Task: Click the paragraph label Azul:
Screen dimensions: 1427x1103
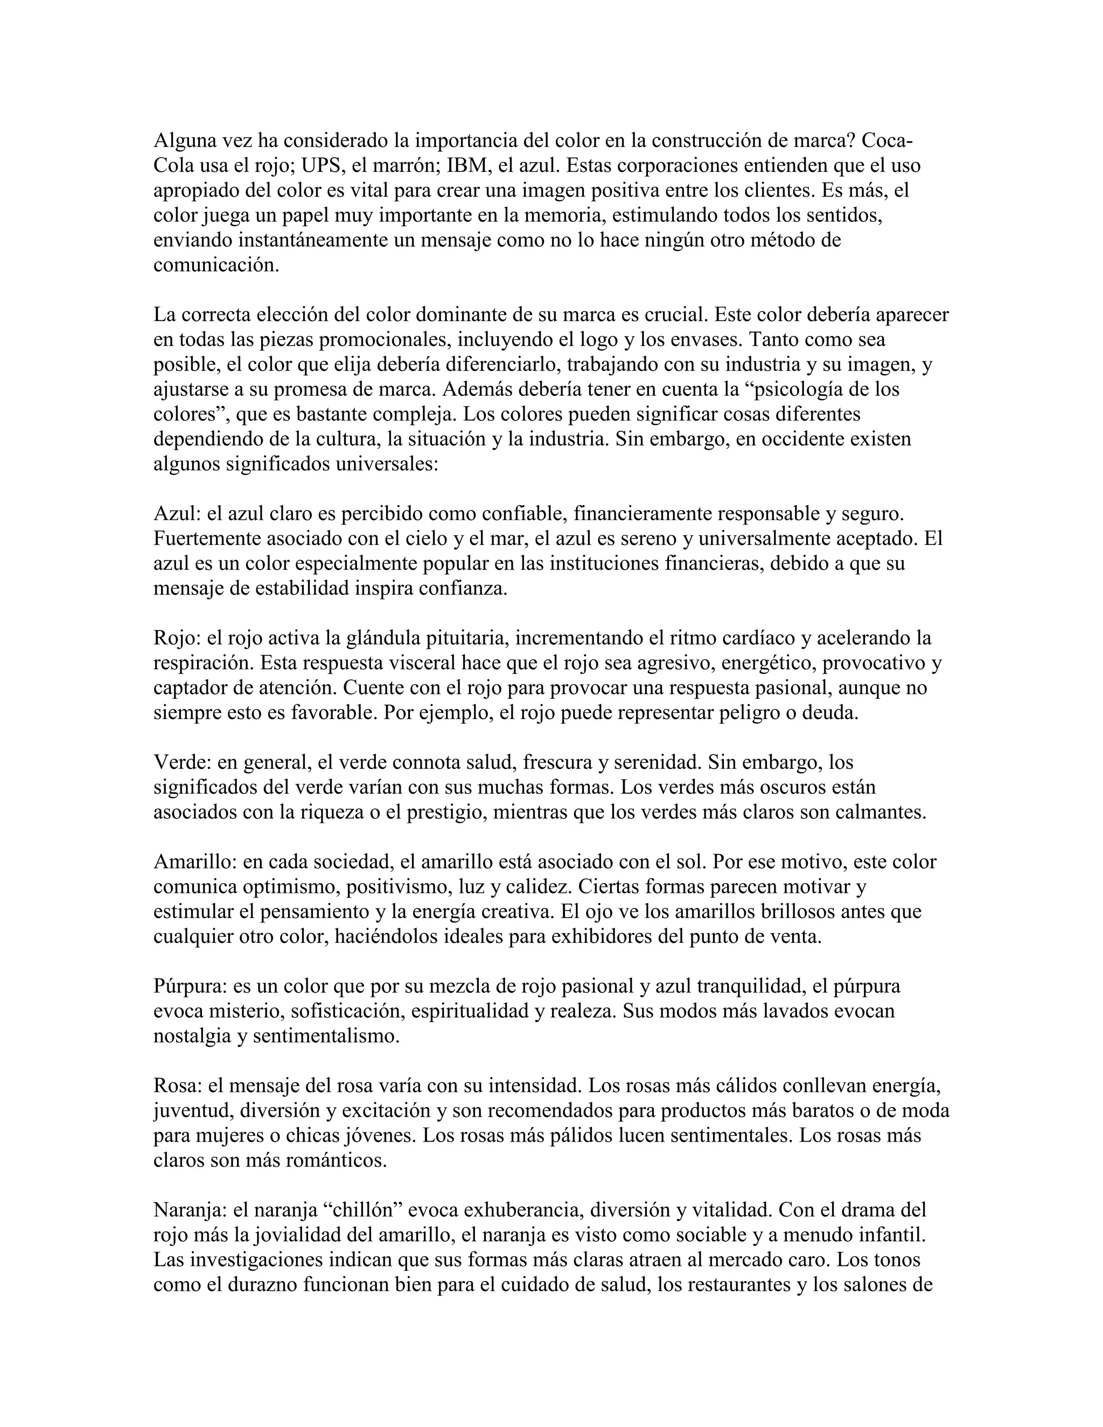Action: click(x=177, y=514)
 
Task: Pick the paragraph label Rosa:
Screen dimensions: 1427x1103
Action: click(x=178, y=1086)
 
